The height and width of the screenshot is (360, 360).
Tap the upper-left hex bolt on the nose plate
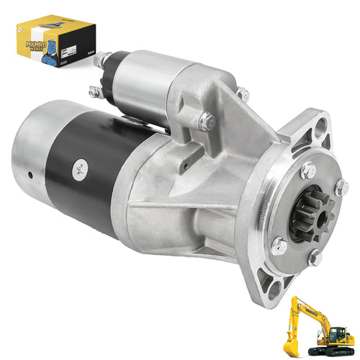coord(308,170)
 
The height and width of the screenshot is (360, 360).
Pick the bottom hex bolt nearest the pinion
coord(315,256)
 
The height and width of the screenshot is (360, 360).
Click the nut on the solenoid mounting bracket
coord(207,122)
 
